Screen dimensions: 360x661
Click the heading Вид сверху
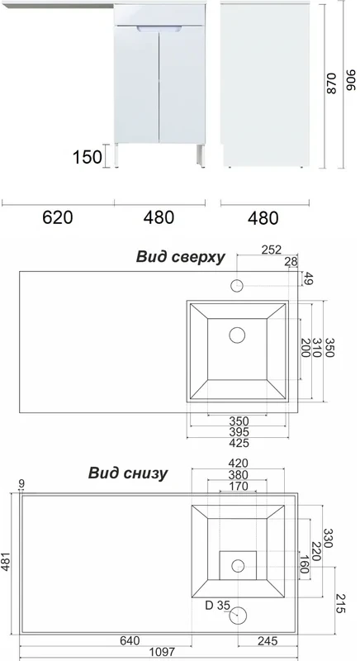180,257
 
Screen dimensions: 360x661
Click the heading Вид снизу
128,473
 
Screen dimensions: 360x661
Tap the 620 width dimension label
58,217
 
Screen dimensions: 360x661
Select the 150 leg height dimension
88,157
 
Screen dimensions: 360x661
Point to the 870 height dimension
331,83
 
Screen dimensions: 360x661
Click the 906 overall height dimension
351,79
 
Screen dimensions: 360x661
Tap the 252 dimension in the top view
272,250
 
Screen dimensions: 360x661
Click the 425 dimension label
239,443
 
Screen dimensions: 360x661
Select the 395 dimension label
239,432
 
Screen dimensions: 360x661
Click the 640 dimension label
130,641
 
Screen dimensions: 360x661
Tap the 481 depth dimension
7,562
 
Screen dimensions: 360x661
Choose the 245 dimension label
268,641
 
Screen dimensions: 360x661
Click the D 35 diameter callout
218,606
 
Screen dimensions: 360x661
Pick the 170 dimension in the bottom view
239,486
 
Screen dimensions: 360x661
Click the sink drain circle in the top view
238,335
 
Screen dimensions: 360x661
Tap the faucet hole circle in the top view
237,286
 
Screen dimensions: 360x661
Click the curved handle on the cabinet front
159,29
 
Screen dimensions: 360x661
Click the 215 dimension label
341,603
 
